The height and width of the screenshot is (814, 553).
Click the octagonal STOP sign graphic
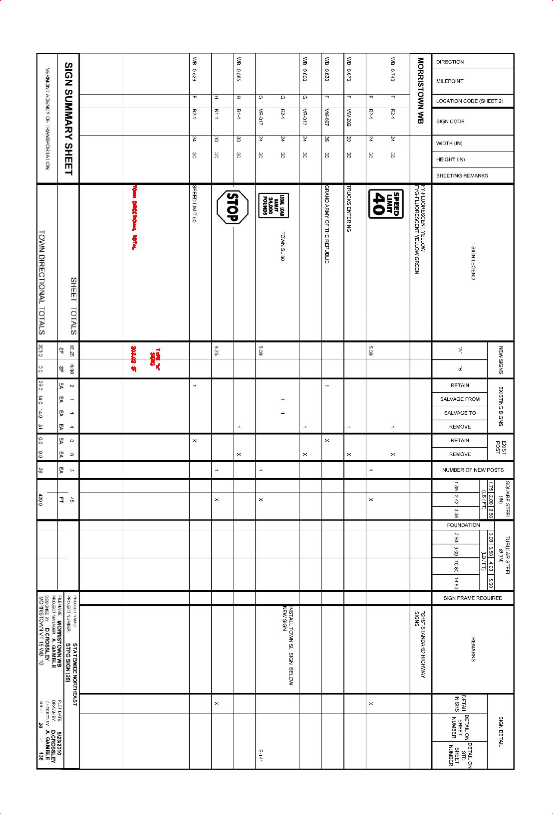(233, 207)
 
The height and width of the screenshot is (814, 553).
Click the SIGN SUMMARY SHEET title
(68, 119)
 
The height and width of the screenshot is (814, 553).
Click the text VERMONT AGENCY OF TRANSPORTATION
(47, 119)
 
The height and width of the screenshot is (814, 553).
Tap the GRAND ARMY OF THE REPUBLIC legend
(326, 224)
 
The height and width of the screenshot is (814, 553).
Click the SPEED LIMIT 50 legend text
(194, 203)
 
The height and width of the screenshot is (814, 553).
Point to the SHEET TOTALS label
(73, 306)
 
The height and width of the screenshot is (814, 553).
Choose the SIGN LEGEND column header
(473, 263)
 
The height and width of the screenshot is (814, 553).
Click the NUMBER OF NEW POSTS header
(473, 470)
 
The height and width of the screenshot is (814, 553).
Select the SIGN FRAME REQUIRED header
(473, 598)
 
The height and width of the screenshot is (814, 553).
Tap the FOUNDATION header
(463, 525)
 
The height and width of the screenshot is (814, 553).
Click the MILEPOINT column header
(450, 81)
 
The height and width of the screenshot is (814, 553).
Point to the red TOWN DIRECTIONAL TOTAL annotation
(134, 217)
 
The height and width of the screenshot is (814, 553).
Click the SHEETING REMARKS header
(462, 176)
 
